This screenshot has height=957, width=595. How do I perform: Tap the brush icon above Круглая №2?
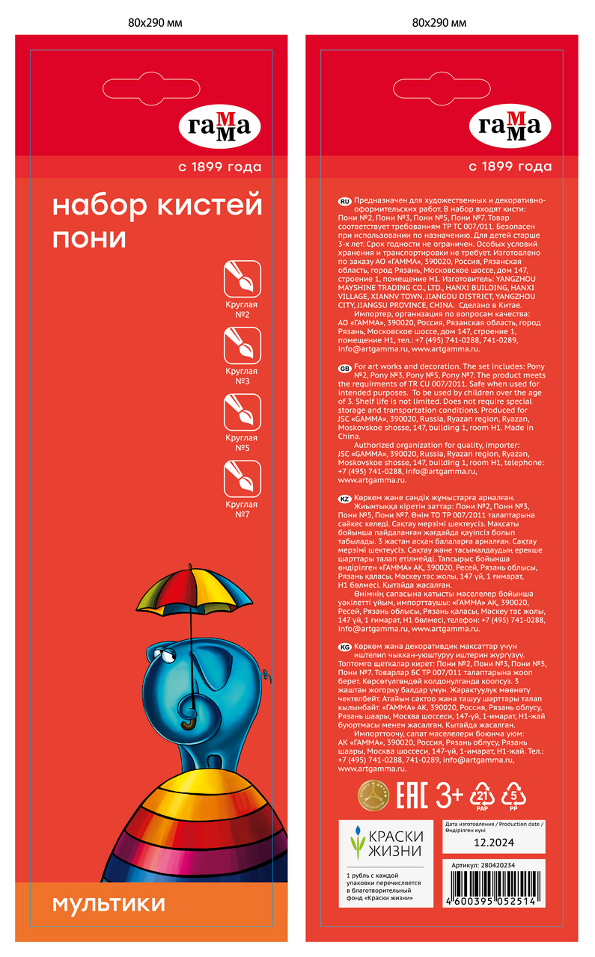[242, 279]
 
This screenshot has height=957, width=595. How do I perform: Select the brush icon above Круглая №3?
[242, 345]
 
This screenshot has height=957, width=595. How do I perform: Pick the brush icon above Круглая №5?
[242, 412]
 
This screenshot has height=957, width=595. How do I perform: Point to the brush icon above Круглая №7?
[242, 479]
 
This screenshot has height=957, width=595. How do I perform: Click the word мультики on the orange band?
[109, 904]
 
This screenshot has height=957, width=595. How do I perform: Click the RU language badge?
[345, 203]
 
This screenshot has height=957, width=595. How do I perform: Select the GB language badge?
[345, 368]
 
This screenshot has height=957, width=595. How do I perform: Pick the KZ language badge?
[345, 499]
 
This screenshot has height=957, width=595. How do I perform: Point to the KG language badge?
[345, 646]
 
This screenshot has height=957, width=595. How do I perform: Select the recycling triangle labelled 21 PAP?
[482, 795]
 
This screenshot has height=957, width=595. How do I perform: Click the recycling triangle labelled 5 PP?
[513, 795]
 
